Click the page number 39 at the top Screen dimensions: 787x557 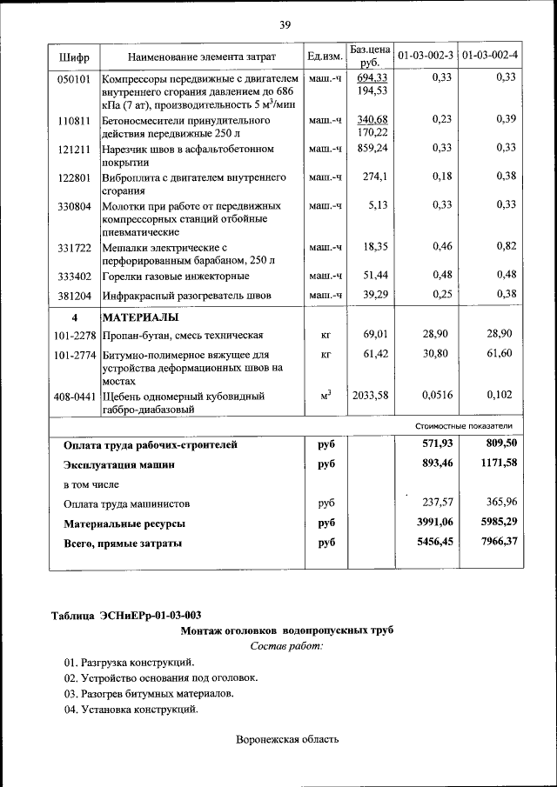[x=285, y=23]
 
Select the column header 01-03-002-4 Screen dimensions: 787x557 [x=488, y=57]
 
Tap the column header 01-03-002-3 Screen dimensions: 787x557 [x=426, y=57]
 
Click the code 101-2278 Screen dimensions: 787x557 [x=75, y=335]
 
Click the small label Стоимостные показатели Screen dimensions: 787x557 [x=463, y=426]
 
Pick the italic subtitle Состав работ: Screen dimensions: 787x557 [x=286, y=646]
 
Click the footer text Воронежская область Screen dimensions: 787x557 [x=286, y=740]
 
